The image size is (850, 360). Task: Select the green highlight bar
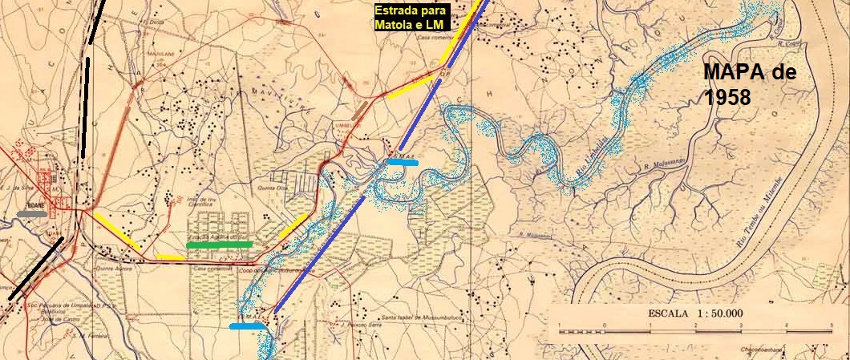(x=219, y=244)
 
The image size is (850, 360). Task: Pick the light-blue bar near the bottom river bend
(x=247, y=326)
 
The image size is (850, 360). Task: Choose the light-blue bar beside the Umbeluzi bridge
(x=402, y=162)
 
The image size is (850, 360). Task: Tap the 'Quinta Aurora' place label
(x=112, y=269)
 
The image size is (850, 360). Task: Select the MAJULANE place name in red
(x=160, y=50)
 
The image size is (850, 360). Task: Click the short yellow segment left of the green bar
(x=170, y=257)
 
